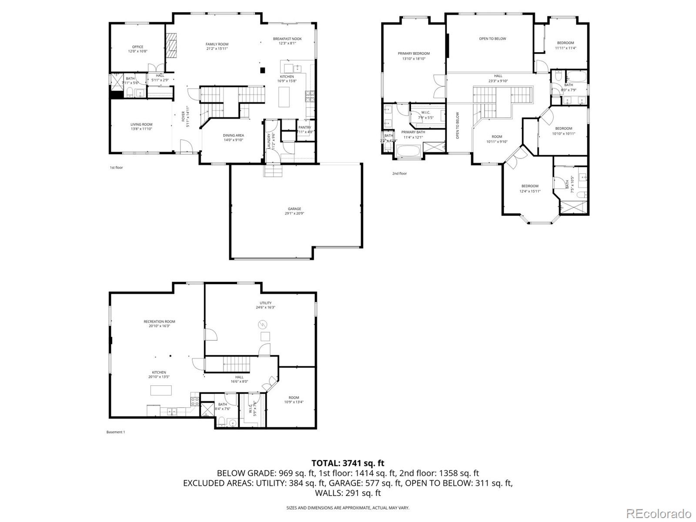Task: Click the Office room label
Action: (137, 47)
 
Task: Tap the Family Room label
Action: (217, 44)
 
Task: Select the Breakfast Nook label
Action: (287, 39)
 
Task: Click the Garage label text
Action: (294, 209)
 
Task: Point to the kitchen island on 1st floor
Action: (284, 97)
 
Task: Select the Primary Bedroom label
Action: (413, 54)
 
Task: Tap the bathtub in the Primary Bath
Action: (408, 152)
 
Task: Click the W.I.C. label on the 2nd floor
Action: (425, 113)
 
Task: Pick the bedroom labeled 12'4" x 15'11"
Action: (530, 186)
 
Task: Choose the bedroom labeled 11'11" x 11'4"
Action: (565, 43)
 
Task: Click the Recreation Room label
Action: (159, 322)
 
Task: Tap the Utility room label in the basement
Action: (265, 303)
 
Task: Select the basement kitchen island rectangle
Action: (161, 390)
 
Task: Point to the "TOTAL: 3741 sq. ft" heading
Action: (348, 463)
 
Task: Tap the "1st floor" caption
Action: (116, 168)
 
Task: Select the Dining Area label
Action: (233, 135)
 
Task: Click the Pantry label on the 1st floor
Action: (304, 128)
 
